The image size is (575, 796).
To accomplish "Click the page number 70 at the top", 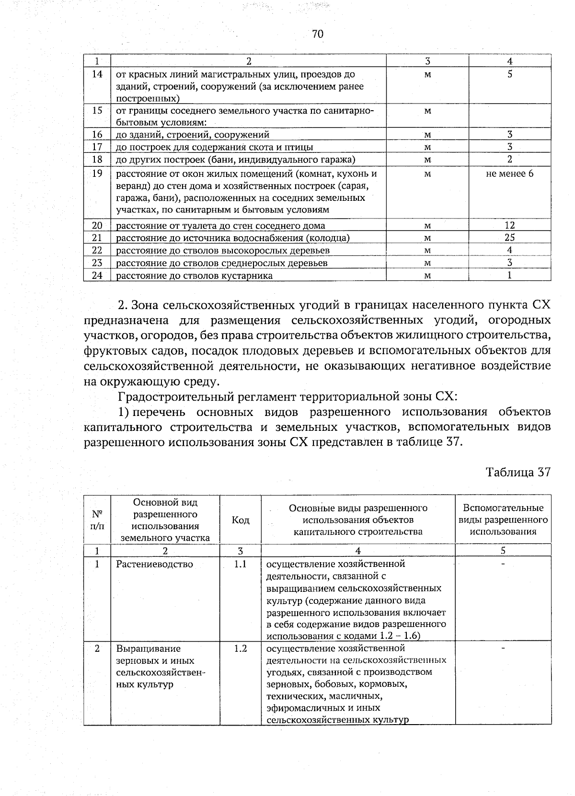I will pyautogui.click(x=318, y=34).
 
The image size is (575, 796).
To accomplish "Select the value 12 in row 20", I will pyautogui.click(x=509, y=225).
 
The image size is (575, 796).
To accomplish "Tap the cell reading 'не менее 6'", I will pyautogui.click(x=509, y=173).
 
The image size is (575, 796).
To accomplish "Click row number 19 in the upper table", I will pyautogui.click(x=97, y=173).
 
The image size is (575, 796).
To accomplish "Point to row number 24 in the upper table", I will pyautogui.click(x=97, y=276).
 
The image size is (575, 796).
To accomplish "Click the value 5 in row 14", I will pyautogui.click(x=510, y=74).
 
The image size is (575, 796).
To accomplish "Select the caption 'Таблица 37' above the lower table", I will pyautogui.click(x=518, y=472).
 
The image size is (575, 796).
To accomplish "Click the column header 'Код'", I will pyautogui.click(x=241, y=520).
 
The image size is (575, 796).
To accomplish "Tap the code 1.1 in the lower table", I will pyautogui.click(x=241, y=564).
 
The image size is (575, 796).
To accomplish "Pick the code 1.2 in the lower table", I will pyautogui.click(x=241, y=648).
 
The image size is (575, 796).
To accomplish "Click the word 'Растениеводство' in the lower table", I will pyautogui.click(x=154, y=564).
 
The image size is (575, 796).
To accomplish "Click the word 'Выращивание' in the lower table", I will pyautogui.click(x=149, y=648).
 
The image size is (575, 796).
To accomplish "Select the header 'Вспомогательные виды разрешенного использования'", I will pyautogui.click(x=503, y=519).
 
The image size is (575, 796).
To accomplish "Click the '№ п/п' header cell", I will pyautogui.click(x=97, y=519).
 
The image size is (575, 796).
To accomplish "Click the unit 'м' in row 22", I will pyautogui.click(x=427, y=250).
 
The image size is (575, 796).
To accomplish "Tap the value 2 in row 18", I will pyautogui.click(x=510, y=159).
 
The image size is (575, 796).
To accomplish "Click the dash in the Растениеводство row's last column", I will pyautogui.click(x=503, y=565).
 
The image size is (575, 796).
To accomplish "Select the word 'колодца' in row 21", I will pyautogui.click(x=330, y=238).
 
